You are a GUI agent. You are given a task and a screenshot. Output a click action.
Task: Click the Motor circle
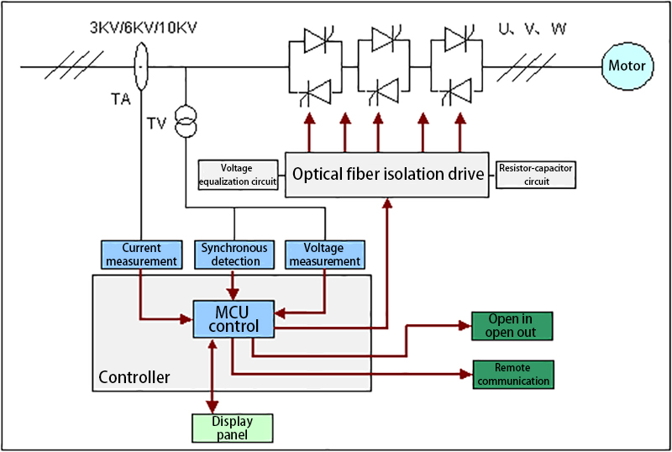[x=627, y=66]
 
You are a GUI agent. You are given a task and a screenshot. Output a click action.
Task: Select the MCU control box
[x=234, y=319]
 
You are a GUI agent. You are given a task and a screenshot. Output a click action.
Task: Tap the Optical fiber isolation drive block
[x=387, y=175]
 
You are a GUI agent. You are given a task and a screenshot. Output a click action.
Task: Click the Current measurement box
[x=141, y=255]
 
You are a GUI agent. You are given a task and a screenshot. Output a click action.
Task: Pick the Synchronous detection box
[x=234, y=255]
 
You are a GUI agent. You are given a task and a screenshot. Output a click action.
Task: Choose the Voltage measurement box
[x=325, y=255]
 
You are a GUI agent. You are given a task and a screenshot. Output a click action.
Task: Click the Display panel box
[x=233, y=428]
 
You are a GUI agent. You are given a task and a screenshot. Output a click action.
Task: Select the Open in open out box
[x=512, y=326]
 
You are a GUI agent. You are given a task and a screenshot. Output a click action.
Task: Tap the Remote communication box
[x=513, y=375]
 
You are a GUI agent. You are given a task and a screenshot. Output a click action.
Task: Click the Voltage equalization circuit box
[x=238, y=175]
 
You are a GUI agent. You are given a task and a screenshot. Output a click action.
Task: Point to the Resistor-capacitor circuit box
[x=536, y=175]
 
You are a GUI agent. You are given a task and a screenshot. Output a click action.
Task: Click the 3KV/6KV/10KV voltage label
[x=143, y=28]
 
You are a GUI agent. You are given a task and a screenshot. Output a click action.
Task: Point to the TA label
[x=120, y=99]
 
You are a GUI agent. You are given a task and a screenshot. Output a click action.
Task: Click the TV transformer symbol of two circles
[x=186, y=122]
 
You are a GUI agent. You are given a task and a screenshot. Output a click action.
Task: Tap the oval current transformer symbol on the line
[x=141, y=66]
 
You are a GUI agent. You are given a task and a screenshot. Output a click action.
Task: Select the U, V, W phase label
[x=533, y=29]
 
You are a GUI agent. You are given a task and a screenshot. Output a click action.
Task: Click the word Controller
[x=134, y=377]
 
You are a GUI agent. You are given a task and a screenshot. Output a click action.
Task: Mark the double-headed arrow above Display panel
[x=213, y=376]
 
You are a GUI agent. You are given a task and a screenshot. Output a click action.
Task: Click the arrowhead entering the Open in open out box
[x=465, y=325]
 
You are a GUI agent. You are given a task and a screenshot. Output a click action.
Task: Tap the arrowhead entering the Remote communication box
[x=467, y=374]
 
